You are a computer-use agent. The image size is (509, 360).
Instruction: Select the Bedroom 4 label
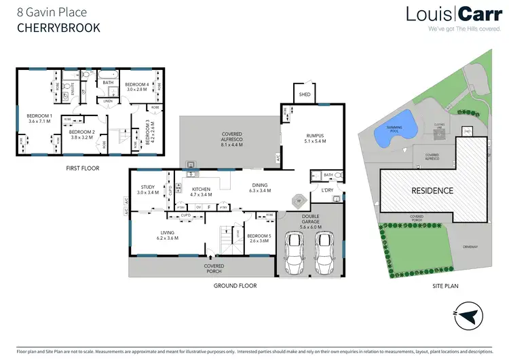138,86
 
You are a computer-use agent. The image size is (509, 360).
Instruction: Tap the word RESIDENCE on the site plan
432,191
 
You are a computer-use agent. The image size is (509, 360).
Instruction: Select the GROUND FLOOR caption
234,286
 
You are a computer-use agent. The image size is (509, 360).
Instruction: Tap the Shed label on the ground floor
304,94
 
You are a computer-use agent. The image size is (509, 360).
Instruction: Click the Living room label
167,235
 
